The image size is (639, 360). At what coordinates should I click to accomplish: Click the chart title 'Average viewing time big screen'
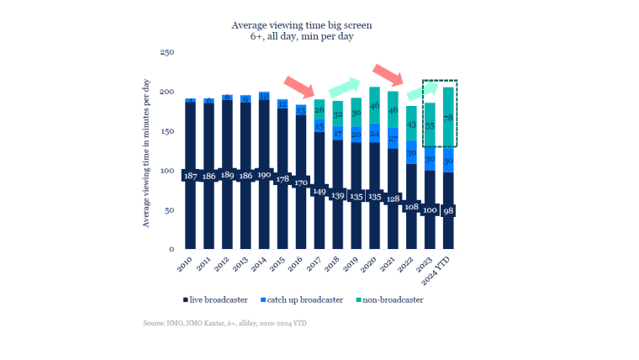click(x=301, y=25)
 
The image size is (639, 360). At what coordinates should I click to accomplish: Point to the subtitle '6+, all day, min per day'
click(x=301, y=37)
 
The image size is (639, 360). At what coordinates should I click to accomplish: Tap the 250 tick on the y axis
click(x=166, y=52)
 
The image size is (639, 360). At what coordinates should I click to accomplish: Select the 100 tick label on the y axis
click(x=166, y=171)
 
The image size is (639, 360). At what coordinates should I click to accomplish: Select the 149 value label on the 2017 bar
click(x=319, y=191)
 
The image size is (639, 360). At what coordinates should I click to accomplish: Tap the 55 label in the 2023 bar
click(x=429, y=124)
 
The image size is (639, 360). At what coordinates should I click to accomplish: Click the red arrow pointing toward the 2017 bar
click(x=299, y=86)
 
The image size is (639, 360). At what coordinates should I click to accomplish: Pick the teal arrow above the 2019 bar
click(x=343, y=85)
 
